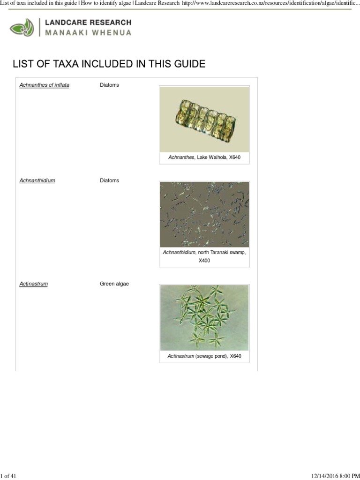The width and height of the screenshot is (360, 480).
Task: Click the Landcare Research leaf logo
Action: [x=22, y=27]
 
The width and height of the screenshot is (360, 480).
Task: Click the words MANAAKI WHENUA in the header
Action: [x=88, y=33]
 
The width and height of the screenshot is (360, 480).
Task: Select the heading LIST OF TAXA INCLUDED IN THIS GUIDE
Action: [x=109, y=64]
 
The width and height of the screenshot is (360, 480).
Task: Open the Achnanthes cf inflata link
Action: [x=44, y=85]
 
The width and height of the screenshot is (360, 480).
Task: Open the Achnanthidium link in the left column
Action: [x=37, y=180]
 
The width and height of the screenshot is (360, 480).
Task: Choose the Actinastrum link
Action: [x=33, y=284]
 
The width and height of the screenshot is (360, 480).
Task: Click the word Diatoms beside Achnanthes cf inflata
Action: [x=109, y=85]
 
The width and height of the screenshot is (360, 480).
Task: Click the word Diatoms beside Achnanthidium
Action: [x=109, y=180]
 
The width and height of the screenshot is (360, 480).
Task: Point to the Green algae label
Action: [x=114, y=284]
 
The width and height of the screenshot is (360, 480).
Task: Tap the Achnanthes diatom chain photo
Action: [x=204, y=119]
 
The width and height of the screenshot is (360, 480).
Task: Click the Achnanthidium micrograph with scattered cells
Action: [x=204, y=214]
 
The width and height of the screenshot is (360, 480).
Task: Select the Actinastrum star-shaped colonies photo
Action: [x=204, y=317]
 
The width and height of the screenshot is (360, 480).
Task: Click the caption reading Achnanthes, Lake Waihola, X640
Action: [x=204, y=157]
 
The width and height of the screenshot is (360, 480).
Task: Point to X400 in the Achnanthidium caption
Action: [x=204, y=261]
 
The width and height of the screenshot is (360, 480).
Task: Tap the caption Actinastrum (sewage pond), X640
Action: [x=204, y=356]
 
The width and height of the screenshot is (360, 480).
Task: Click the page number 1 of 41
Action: [x=9, y=476]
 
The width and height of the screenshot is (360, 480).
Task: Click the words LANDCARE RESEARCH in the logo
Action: [x=88, y=22]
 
